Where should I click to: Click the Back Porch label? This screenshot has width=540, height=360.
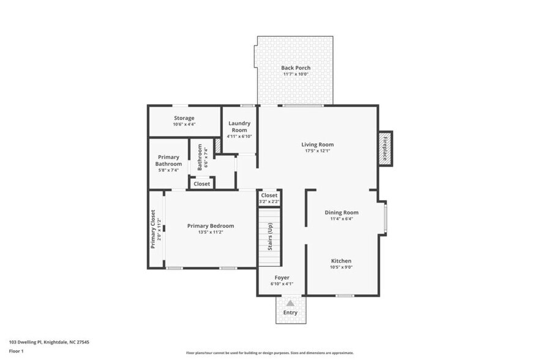(296, 67)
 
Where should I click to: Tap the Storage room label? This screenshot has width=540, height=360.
(184, 118)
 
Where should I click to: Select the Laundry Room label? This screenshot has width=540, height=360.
(239, 127)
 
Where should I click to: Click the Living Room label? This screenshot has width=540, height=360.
(317, 144)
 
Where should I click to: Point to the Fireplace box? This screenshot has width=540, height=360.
(385, 149)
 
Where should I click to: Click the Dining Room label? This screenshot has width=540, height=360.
(341, 212)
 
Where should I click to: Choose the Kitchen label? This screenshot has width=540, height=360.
(341, 260)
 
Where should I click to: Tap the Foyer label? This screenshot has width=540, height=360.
(282, 277)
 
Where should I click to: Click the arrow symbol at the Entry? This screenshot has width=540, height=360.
(290, 302)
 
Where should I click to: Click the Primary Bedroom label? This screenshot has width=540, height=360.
(210, 225)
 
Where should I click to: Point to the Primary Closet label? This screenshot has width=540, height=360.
(153, 229)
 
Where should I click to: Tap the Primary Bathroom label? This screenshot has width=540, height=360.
(168, 160)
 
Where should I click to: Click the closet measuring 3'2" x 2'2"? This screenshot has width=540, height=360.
(269, 198)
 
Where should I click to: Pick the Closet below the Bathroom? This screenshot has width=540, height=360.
(201, 184)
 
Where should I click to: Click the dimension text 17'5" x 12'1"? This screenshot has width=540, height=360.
(317, 151)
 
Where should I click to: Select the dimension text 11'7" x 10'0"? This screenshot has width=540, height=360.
(296, 74)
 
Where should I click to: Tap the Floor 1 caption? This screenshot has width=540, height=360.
(17, 351)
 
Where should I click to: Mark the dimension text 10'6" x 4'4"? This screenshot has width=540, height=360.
(184, 124)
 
